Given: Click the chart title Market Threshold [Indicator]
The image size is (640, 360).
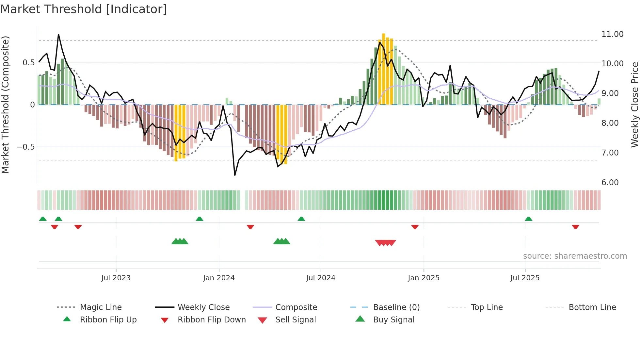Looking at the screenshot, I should point(84,9).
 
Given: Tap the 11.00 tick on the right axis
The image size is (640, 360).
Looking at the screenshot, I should point(612,34).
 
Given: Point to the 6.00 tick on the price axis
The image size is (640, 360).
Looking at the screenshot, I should point(610,183).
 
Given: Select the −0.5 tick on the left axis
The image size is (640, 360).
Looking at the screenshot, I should point(25,147).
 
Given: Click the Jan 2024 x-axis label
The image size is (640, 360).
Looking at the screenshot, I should point(219,278).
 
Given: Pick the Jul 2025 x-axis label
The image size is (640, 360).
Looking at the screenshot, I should point(525,278).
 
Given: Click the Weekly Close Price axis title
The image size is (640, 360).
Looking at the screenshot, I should point(634,105).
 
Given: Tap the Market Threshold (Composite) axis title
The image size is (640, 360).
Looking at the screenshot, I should point(5,105).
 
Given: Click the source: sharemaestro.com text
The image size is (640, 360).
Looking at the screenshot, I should point(575,256).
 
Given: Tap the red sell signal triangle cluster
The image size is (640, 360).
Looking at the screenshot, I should point(386,243).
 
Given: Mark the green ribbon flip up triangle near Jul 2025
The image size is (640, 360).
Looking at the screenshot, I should point(528,219).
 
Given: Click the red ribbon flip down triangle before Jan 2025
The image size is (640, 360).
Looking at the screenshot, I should point(415,227).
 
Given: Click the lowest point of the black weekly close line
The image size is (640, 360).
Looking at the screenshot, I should point(235,175).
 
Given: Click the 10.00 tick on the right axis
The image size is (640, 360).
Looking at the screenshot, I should point(612,64).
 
